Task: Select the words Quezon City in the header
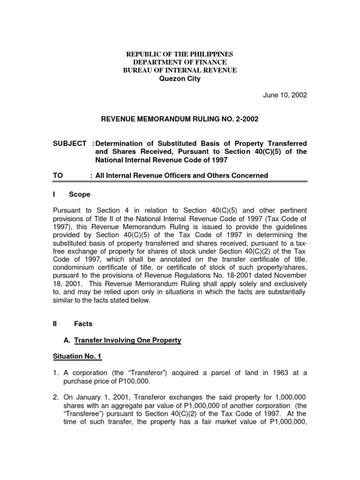(180, 79)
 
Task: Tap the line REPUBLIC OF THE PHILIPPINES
(180, 54)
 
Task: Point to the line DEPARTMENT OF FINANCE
(180, 62)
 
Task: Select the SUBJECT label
(69, 142)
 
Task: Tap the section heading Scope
(80, 194)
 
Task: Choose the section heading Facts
(83, 323)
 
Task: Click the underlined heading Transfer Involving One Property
(127, 340)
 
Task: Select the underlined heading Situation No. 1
(76, 357)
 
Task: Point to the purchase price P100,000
(114, 381)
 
